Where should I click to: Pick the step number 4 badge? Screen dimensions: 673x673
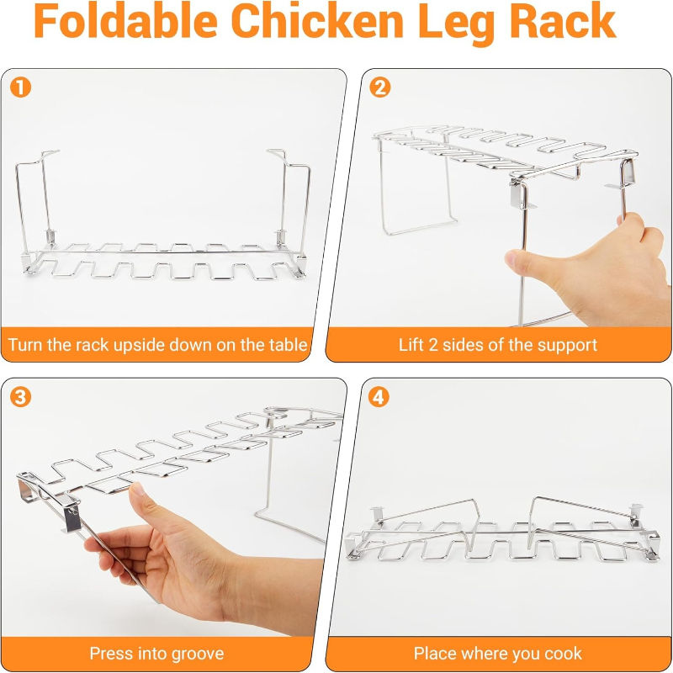pos(380,395)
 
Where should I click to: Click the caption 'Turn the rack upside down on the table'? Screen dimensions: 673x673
pos(158,344)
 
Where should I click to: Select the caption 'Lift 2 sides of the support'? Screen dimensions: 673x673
pos(498,344)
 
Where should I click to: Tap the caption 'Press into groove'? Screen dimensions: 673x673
pos(157,654)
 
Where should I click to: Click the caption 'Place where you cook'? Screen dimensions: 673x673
pos(498,654)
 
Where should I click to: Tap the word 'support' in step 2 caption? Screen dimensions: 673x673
pos(569,344)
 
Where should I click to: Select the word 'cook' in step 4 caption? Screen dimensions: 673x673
pos(564,654)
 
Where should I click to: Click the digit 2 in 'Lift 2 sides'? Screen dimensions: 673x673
pos(427,344)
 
